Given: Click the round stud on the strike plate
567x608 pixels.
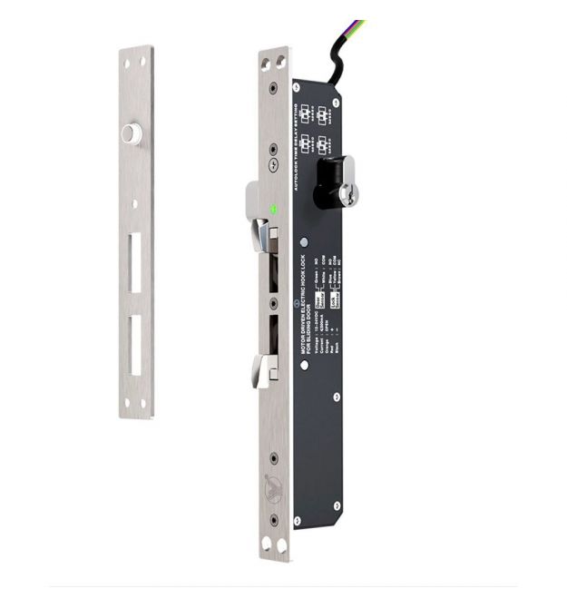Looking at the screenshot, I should tap(131, 134).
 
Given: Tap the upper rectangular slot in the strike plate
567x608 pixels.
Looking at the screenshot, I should tap(135, 262).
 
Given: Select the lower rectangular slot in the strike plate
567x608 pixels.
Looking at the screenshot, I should tap(135, 345).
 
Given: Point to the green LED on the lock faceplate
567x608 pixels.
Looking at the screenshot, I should tap(273, 210).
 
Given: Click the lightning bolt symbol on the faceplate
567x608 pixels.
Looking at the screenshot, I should tap(273, 166).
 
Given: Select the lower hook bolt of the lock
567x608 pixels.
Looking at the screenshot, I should tap(265, 369).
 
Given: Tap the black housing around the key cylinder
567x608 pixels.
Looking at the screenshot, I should tap(327, 181).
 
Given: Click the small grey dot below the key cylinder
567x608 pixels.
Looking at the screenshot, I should tap(304, 242).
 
